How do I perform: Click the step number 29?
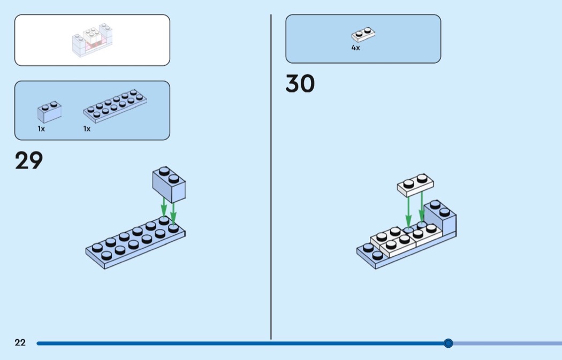(x=29, y=160)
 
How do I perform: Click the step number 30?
(x=300, y=83)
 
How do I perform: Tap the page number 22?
(x=20, y=342)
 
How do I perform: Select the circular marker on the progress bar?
(x=448, y=343)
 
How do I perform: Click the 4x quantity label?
(x=355, y=48)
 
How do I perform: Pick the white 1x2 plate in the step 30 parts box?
(x=363, y=35)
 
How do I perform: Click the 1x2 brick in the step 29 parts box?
(x=49, y=112)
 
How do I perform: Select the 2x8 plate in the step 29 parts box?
(x=115, y=106)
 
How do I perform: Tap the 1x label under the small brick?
(x=41, y=128)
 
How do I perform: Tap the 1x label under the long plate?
(x=87, y=128)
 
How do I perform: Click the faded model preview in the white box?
(x=92, y=40)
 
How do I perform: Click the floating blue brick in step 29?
(x=169, y=185)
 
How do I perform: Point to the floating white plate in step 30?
(x=415, y=185)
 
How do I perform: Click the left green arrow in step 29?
(x=164, y=208)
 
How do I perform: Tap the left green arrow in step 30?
(x=408, y=211)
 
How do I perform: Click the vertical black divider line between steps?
(x=271, y=177)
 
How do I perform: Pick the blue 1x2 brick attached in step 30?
(x=440, y=218)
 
